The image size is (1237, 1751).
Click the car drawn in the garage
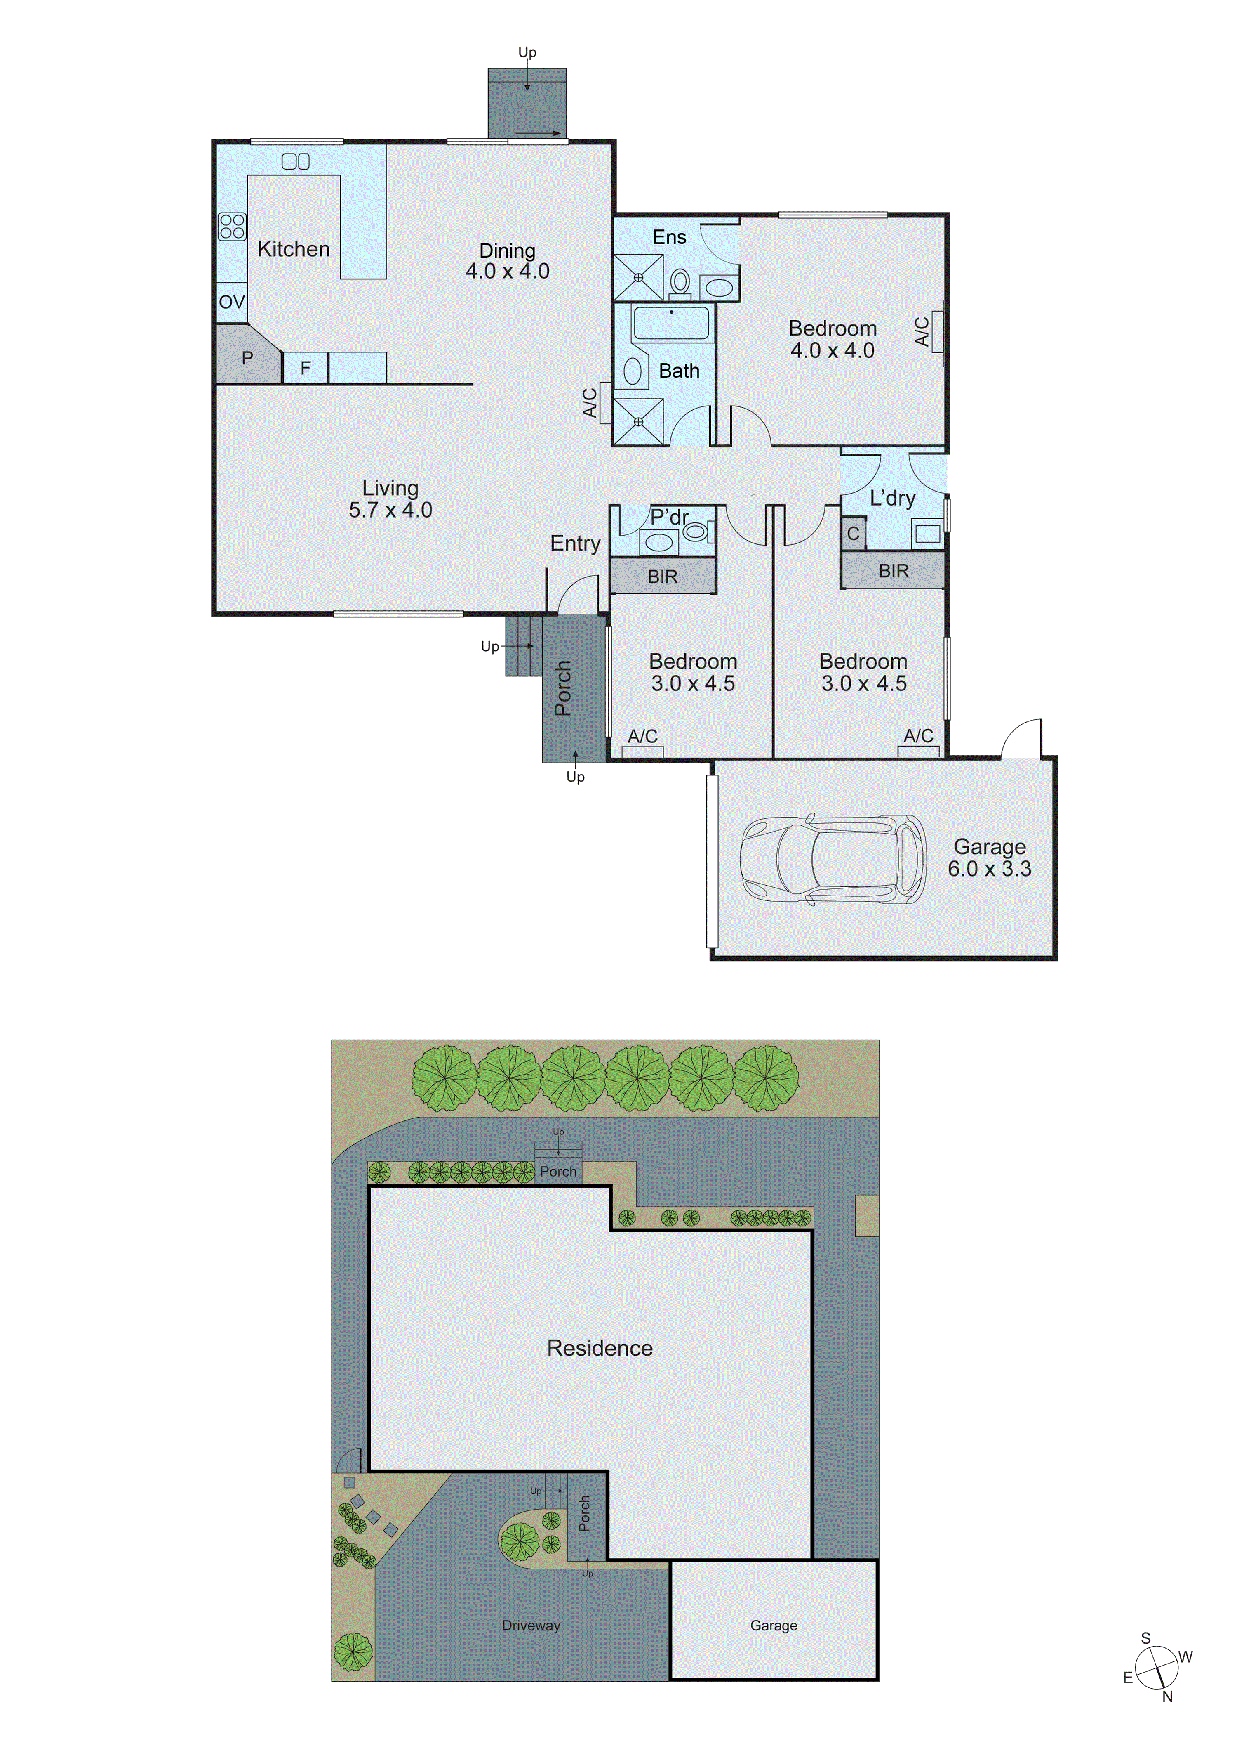click(x=833, y=860)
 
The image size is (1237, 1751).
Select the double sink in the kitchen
click(x=296, y=161)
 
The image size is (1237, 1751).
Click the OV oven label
click(x=232, y=302)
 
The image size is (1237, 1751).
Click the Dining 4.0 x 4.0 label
click(x=507, y=261)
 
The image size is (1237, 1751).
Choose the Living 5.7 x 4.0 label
click(x=390, y=499)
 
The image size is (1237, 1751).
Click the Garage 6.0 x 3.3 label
click(x=989, y=857)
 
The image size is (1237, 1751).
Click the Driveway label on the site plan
click(x=531, y=1625)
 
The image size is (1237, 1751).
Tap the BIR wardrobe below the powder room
click(x=662, y=577)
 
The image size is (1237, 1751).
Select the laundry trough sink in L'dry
click(x=927, y=533)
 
